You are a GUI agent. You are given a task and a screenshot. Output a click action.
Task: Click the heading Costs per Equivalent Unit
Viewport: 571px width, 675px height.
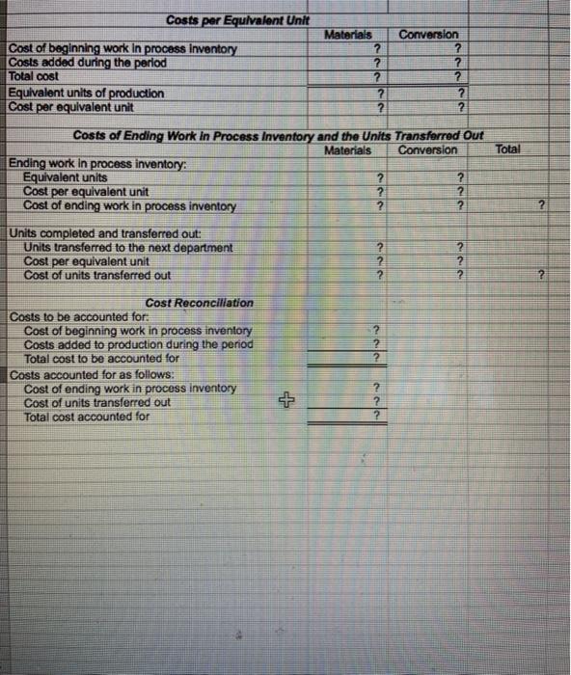(x=224, y=20)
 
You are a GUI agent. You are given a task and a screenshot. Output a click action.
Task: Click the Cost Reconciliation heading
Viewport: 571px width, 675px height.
(x=200, y=302)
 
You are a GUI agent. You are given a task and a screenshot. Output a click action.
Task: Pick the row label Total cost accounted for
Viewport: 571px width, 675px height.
(x=87, y=417)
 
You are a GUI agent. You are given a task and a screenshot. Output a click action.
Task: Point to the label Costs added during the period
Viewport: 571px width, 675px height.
(x=88, y=63)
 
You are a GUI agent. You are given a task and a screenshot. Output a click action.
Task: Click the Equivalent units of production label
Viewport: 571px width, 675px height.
(x=86, y=93)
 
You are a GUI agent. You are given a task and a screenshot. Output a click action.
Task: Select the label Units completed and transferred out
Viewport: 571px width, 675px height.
(x=99, y=232)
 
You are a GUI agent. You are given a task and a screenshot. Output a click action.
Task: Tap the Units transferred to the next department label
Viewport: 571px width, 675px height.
(x=127, y=247)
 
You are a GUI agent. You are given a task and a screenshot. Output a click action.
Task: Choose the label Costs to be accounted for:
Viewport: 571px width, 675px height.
(x=78, y=316)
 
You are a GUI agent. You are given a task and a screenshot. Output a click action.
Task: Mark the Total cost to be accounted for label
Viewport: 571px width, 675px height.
(x=101, y=358)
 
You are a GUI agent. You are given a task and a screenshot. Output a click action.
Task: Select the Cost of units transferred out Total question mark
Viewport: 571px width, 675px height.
(x=542, y=276)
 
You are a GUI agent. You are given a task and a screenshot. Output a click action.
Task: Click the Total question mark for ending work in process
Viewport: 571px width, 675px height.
(x=542, y=205)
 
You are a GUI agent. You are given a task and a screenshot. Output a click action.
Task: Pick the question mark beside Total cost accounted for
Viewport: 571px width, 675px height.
(x=377, y=417)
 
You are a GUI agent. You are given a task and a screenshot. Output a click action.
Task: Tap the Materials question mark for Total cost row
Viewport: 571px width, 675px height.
(x=380, y=77)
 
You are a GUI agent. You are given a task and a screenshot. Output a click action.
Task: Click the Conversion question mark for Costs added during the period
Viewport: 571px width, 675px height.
(x=462, y=63)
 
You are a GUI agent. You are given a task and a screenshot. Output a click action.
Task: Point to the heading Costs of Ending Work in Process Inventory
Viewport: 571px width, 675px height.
(x=279, y=135)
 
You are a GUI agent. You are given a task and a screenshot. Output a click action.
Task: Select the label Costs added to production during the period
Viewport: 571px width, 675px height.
(x=138, y=344)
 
